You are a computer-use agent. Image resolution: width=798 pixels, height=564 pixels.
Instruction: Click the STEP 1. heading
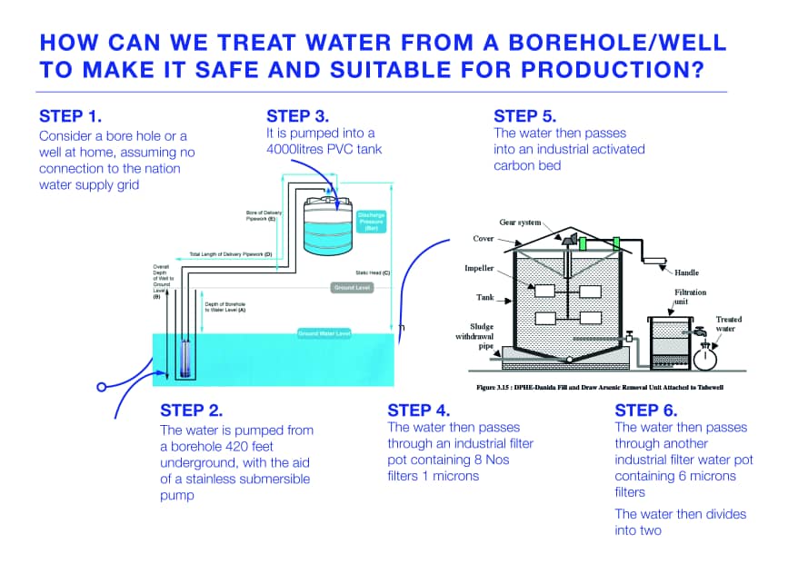tap(71, 116)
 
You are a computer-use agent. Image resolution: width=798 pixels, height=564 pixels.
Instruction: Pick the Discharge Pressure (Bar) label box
tap(371, 221)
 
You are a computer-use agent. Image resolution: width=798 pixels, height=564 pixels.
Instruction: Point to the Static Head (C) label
tap(373, 272)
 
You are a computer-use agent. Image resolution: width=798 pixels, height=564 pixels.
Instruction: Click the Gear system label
tap(521, 223)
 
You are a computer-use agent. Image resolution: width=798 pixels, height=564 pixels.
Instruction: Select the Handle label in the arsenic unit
tap(686, 272)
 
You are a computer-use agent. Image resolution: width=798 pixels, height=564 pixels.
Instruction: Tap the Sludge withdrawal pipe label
tap(474, 336)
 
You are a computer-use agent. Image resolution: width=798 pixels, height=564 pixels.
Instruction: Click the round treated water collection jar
tap(705, 357)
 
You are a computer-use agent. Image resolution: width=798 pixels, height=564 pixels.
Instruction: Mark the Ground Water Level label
tap(324, 334)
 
